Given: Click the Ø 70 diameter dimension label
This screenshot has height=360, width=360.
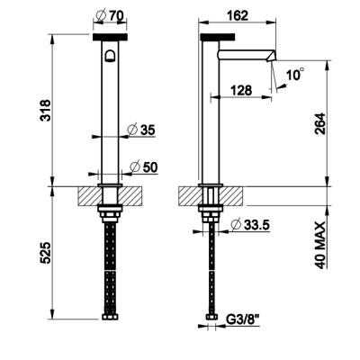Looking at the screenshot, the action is [x=111, y=15].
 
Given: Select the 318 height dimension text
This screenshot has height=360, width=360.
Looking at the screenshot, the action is [x=46, y=110].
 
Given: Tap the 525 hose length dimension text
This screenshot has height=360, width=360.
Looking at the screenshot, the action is [x=46, y=253].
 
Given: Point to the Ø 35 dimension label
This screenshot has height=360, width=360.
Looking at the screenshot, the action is [x=141, y=130].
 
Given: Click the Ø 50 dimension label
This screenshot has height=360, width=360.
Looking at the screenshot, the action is [x=143, y=167].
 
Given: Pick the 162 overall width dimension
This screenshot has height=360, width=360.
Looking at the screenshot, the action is [x=238, y=15].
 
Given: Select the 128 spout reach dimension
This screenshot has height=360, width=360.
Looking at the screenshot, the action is [x=241, y=90].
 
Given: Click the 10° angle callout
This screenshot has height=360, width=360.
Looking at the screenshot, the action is [x=295, y=74].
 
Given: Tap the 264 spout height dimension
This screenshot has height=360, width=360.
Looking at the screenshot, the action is [x=320, y=123].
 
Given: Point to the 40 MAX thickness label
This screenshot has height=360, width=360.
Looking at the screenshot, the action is [x=320, y=245].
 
